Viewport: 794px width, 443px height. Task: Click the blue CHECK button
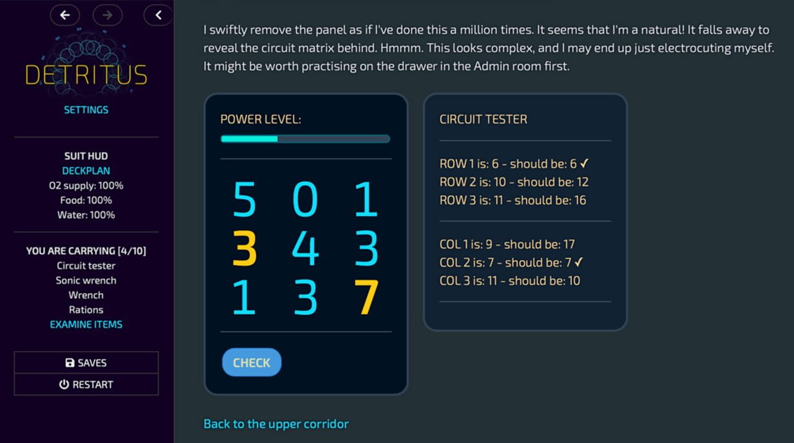pyautogui.click(x=251, y=362)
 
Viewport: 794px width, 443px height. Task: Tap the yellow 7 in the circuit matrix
pyautogui.click(x=366, y=297)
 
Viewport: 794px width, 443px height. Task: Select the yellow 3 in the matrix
pyautogui.click(x=244, y=248)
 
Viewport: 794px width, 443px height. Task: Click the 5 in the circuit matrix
pyautogui.click(x=244, y=200)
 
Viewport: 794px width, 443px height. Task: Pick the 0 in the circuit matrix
pyautogui.click(x=305, y=200)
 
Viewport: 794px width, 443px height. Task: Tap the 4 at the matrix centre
pyautogui.click(x=305, y=248)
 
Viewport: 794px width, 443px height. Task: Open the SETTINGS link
pyautogui.click(x=86, y=110)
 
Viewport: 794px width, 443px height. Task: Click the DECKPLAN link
pyautogui.click(x=86, y=170)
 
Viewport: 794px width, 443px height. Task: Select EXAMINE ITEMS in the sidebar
pyautogui.click(x=86, y=324)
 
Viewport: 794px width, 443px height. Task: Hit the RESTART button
pyautogui.click(x=86, y=384)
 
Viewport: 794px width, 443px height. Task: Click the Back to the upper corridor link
pyautogui.click(x=276, y=424)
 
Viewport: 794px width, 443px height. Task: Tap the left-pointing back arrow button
pyautogui.click(x=65, y=15)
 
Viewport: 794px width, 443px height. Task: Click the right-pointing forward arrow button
pyautogui.click(x=107, y=15)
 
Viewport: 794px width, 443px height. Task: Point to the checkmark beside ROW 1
pyautogui.click(x=584, y=164)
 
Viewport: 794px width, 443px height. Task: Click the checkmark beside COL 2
pyautogui.click(x=579, y=262)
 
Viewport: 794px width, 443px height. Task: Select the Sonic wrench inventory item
pyautogui.click(x=86, y=280)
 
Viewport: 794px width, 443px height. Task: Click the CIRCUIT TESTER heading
pyautogui.click(x=483, y=120)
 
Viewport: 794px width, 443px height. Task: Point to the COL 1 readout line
pyautogui.click(x=507, y=244)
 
